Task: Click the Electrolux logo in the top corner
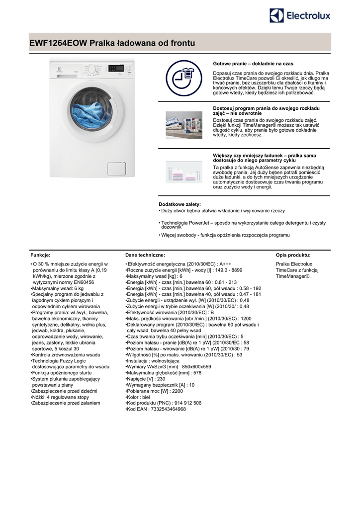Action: [300, 16]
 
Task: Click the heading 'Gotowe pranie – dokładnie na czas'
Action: [253, 64]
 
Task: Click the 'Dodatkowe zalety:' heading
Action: [180, 204]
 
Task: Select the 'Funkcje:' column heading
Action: [40, 255]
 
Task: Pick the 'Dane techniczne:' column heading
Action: [145, 255]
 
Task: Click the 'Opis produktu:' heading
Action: [293, 255]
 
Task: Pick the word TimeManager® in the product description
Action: [293, 276]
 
